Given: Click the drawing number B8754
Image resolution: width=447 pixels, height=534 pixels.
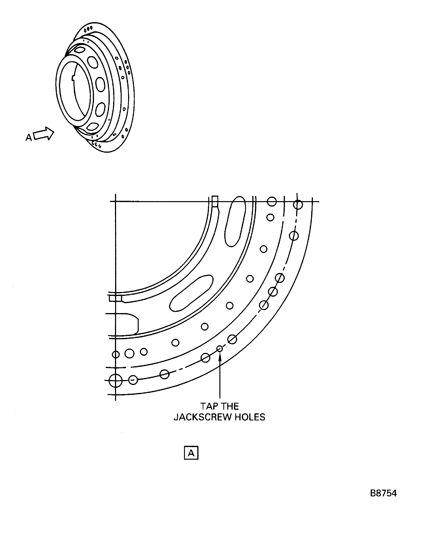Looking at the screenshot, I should coord(383,493).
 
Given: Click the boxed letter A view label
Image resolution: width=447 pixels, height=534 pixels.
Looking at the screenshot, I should coord(191,453).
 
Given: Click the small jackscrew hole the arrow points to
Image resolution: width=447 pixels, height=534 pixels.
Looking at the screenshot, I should coord(220,349).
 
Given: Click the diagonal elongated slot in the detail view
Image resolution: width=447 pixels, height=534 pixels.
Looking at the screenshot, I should coord(191,293).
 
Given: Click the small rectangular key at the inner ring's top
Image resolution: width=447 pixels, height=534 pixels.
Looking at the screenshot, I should coord(215,201).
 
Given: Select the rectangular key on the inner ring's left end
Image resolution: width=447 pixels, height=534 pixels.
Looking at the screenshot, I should coord(115,298).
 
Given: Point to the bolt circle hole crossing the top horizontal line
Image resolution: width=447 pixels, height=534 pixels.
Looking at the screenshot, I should coord(298,204).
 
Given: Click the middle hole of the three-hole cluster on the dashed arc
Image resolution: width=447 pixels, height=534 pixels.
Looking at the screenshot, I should coord(273,292).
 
